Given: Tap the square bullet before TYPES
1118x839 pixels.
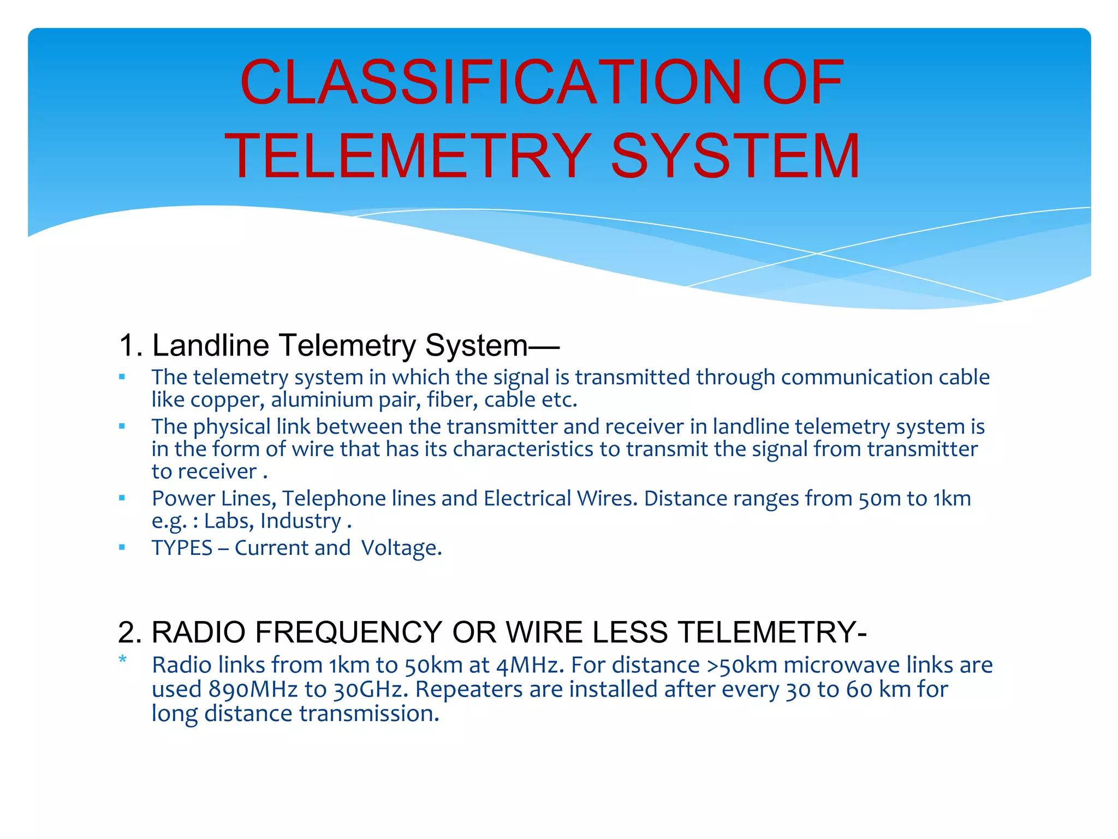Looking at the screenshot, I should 122,547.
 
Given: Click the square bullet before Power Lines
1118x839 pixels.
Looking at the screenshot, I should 122,498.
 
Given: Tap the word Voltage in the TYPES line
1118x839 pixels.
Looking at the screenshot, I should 401,548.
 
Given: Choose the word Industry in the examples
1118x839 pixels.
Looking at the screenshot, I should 301,522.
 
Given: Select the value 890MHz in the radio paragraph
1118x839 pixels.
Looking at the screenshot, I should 253,690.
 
